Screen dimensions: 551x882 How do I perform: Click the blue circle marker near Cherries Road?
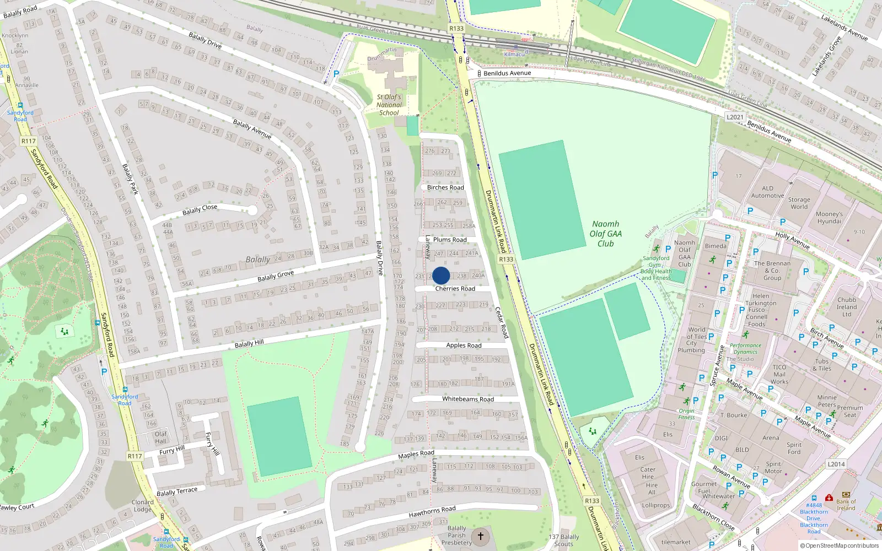(x=441, y=275)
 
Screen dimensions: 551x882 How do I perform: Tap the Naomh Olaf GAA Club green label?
(x=605, y=234)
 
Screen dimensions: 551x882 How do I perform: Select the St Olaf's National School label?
(x=389, y=105)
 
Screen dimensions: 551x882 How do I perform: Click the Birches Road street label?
(x=445, y=187)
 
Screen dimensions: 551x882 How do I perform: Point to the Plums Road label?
(x=450, y=240)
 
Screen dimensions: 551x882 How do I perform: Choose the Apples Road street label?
(x=464, y=345)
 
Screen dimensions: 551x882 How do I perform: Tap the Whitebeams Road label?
(x=468, y=399)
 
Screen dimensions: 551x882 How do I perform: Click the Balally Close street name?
(x=200, y=210)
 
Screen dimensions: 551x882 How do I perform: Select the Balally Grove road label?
(x=276, y=275)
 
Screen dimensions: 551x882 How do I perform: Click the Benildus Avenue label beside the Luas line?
(x=507, y=73)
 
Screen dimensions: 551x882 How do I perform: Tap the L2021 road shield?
(x=735, y=117)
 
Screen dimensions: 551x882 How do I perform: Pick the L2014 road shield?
(x=836, y=464)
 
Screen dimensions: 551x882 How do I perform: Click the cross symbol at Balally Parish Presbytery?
(x=481, y=536)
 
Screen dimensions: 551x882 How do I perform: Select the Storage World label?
(x=799, y=203)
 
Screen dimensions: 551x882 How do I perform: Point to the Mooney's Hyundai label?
(x=829, y=218)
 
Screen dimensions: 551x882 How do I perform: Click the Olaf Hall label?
(x=160, y=437)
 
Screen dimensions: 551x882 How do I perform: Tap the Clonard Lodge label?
(x=142, y=505)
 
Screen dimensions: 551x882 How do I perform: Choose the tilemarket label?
(x=676, y=542)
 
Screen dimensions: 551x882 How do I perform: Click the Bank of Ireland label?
(x=846, y=505)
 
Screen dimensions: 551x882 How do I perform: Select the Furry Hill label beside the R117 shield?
(x=171, y=451)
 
